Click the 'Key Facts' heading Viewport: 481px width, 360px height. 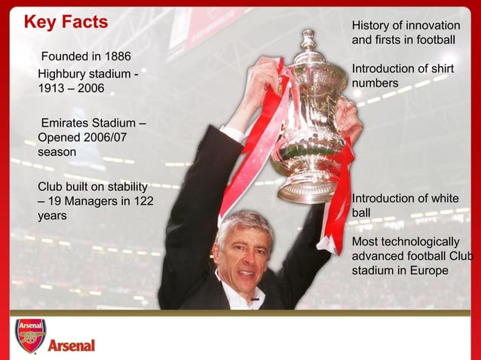click(66, 22)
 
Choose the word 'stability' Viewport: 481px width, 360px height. click(123, 185)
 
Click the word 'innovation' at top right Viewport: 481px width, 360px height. click(433, 26)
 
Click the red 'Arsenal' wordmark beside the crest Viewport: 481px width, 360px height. click(72, 346)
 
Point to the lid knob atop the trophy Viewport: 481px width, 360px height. click(308, 38)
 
